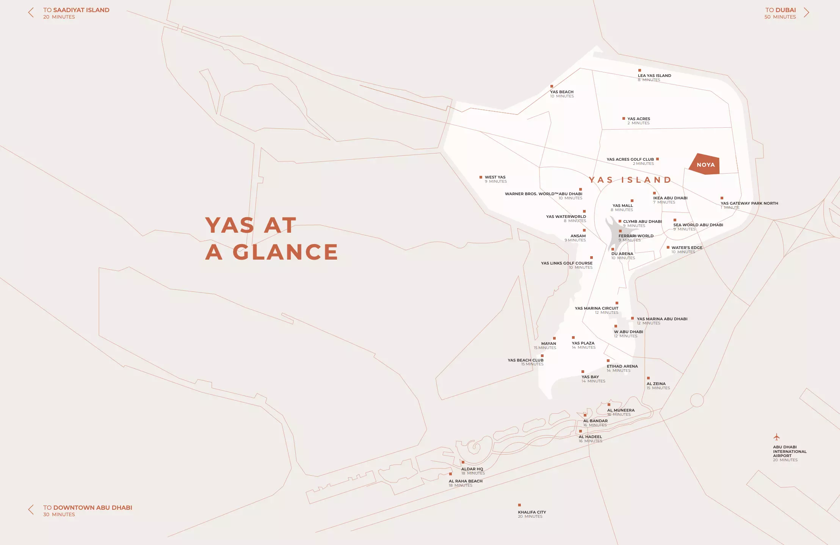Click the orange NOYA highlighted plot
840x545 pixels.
pyautogui.click(x=705, y=164)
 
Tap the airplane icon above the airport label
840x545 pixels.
pyautogui.click(x=776, y=437)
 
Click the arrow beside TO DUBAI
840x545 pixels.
pyautogui.click(x=806, y=13)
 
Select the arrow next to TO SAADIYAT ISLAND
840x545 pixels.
pyautogui.click(x=31, y=13)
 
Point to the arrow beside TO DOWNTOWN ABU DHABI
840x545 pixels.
pyautogui.click(x=31, y=510)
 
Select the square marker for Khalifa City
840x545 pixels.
pyautogui.click(x=519, y=505)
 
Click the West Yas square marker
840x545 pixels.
pyautogui.click(x=481, y=177)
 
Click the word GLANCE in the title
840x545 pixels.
pyautogui.click(x=285, y=252)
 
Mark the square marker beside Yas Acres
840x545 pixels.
pyautogui.click(x=624, y=119)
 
